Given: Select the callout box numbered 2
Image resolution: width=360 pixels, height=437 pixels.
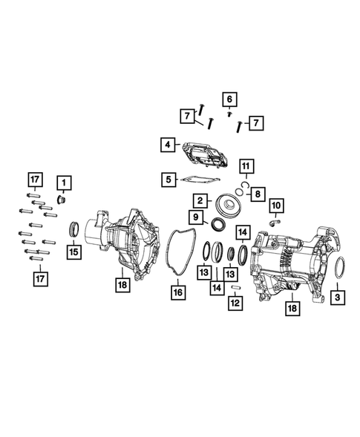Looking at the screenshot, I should pos(200,200).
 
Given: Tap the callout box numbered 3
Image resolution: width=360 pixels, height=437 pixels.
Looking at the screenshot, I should pos(338,297).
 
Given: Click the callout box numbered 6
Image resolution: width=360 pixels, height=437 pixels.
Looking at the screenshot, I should pos(229,99).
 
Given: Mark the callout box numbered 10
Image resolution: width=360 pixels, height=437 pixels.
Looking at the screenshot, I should pos(275,204).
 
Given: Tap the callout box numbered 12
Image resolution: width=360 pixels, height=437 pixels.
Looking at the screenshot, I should pos(235,303).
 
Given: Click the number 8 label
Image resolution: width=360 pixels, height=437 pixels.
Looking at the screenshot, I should pos(258,194).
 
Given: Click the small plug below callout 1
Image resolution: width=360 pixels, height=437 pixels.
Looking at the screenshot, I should pos(62,200).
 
